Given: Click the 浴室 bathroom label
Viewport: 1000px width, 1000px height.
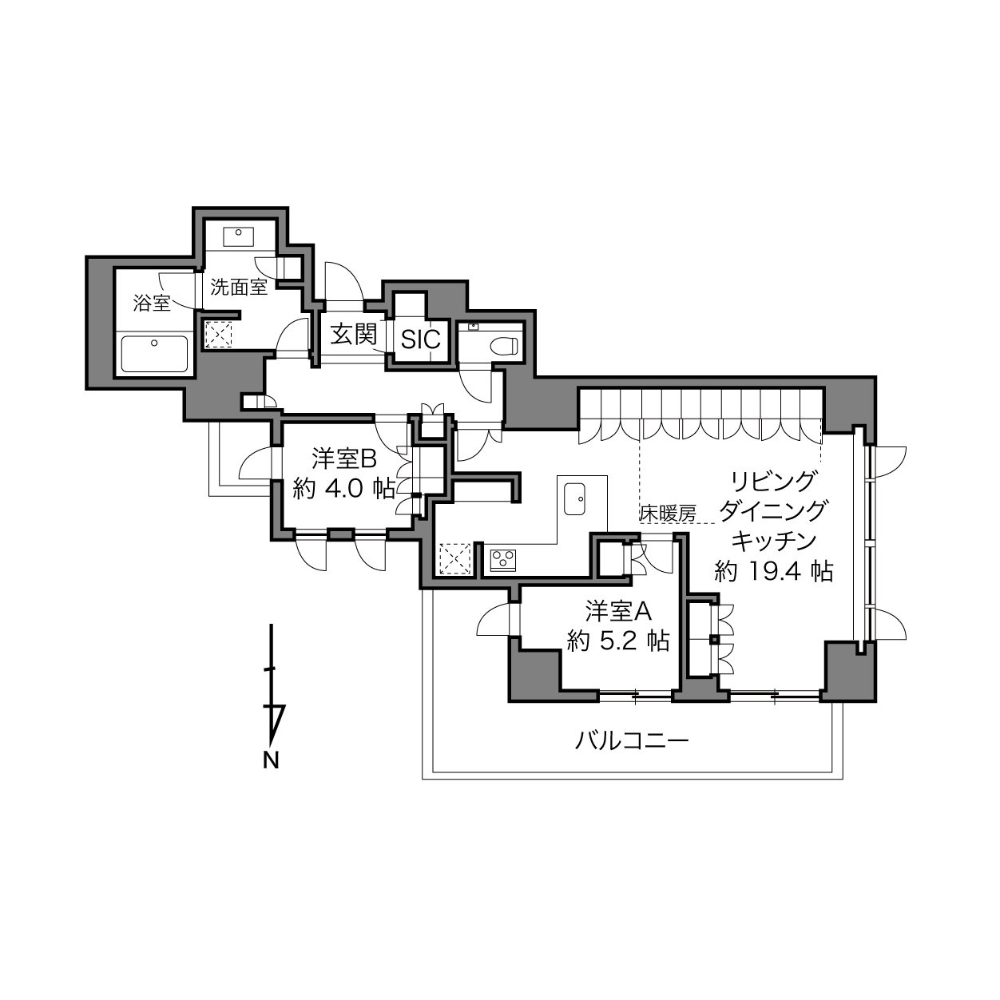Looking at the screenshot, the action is coord(152,303).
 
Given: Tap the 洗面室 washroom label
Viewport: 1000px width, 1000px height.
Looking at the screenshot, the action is coord(239,287).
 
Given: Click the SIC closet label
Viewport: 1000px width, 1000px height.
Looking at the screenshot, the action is coord(421,339).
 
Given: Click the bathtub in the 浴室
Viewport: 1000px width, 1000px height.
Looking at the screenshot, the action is coord(154,354).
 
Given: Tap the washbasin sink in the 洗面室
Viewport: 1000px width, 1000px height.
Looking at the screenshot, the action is coord(238,237).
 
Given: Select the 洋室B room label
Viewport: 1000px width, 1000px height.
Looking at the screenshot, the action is coord(343,458).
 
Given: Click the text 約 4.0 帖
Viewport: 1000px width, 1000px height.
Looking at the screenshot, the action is coord(343,488).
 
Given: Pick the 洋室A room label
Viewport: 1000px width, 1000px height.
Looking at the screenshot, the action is coord(618,611).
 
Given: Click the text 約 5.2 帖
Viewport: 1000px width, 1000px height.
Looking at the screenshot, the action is coord(617,641).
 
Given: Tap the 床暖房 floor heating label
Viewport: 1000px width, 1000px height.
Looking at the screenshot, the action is coord(668,514).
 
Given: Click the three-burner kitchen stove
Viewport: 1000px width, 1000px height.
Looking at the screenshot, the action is coord(503,560).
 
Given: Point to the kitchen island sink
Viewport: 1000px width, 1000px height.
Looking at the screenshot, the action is coord(575,498).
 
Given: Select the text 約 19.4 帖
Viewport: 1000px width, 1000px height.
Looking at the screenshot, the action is coord(774,572).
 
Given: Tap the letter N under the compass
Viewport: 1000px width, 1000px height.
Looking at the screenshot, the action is coord(271,760).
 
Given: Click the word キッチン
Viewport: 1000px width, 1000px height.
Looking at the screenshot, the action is coord(774,542).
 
